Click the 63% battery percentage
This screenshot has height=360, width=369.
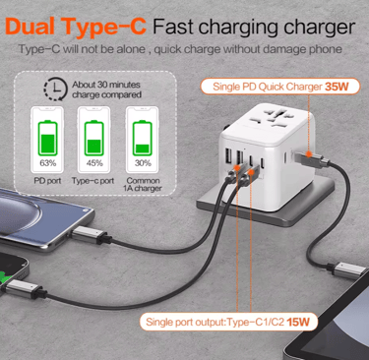point(48,163)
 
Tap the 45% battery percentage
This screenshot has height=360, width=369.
point(94,163)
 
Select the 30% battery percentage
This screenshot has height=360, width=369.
point(143,163)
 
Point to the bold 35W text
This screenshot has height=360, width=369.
point(337,87)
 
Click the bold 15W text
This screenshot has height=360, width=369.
point(298,322)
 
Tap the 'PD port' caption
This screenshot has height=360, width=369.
point(47,181)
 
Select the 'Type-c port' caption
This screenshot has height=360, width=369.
point(92,181)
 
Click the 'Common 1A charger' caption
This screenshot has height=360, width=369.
point(143,184)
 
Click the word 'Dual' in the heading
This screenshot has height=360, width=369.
point(30,27)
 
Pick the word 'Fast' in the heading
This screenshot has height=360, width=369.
point(173,27)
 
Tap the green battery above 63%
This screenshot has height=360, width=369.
point(48,138)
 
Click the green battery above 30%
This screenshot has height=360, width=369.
point(143,138)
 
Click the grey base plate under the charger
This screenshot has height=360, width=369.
point(265,204)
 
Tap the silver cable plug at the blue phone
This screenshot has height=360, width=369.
point(90,236)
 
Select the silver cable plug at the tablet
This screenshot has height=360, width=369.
point(346,270)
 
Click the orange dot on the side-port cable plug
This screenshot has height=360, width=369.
point(308,153)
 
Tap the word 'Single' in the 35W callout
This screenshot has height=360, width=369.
point(226,87)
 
